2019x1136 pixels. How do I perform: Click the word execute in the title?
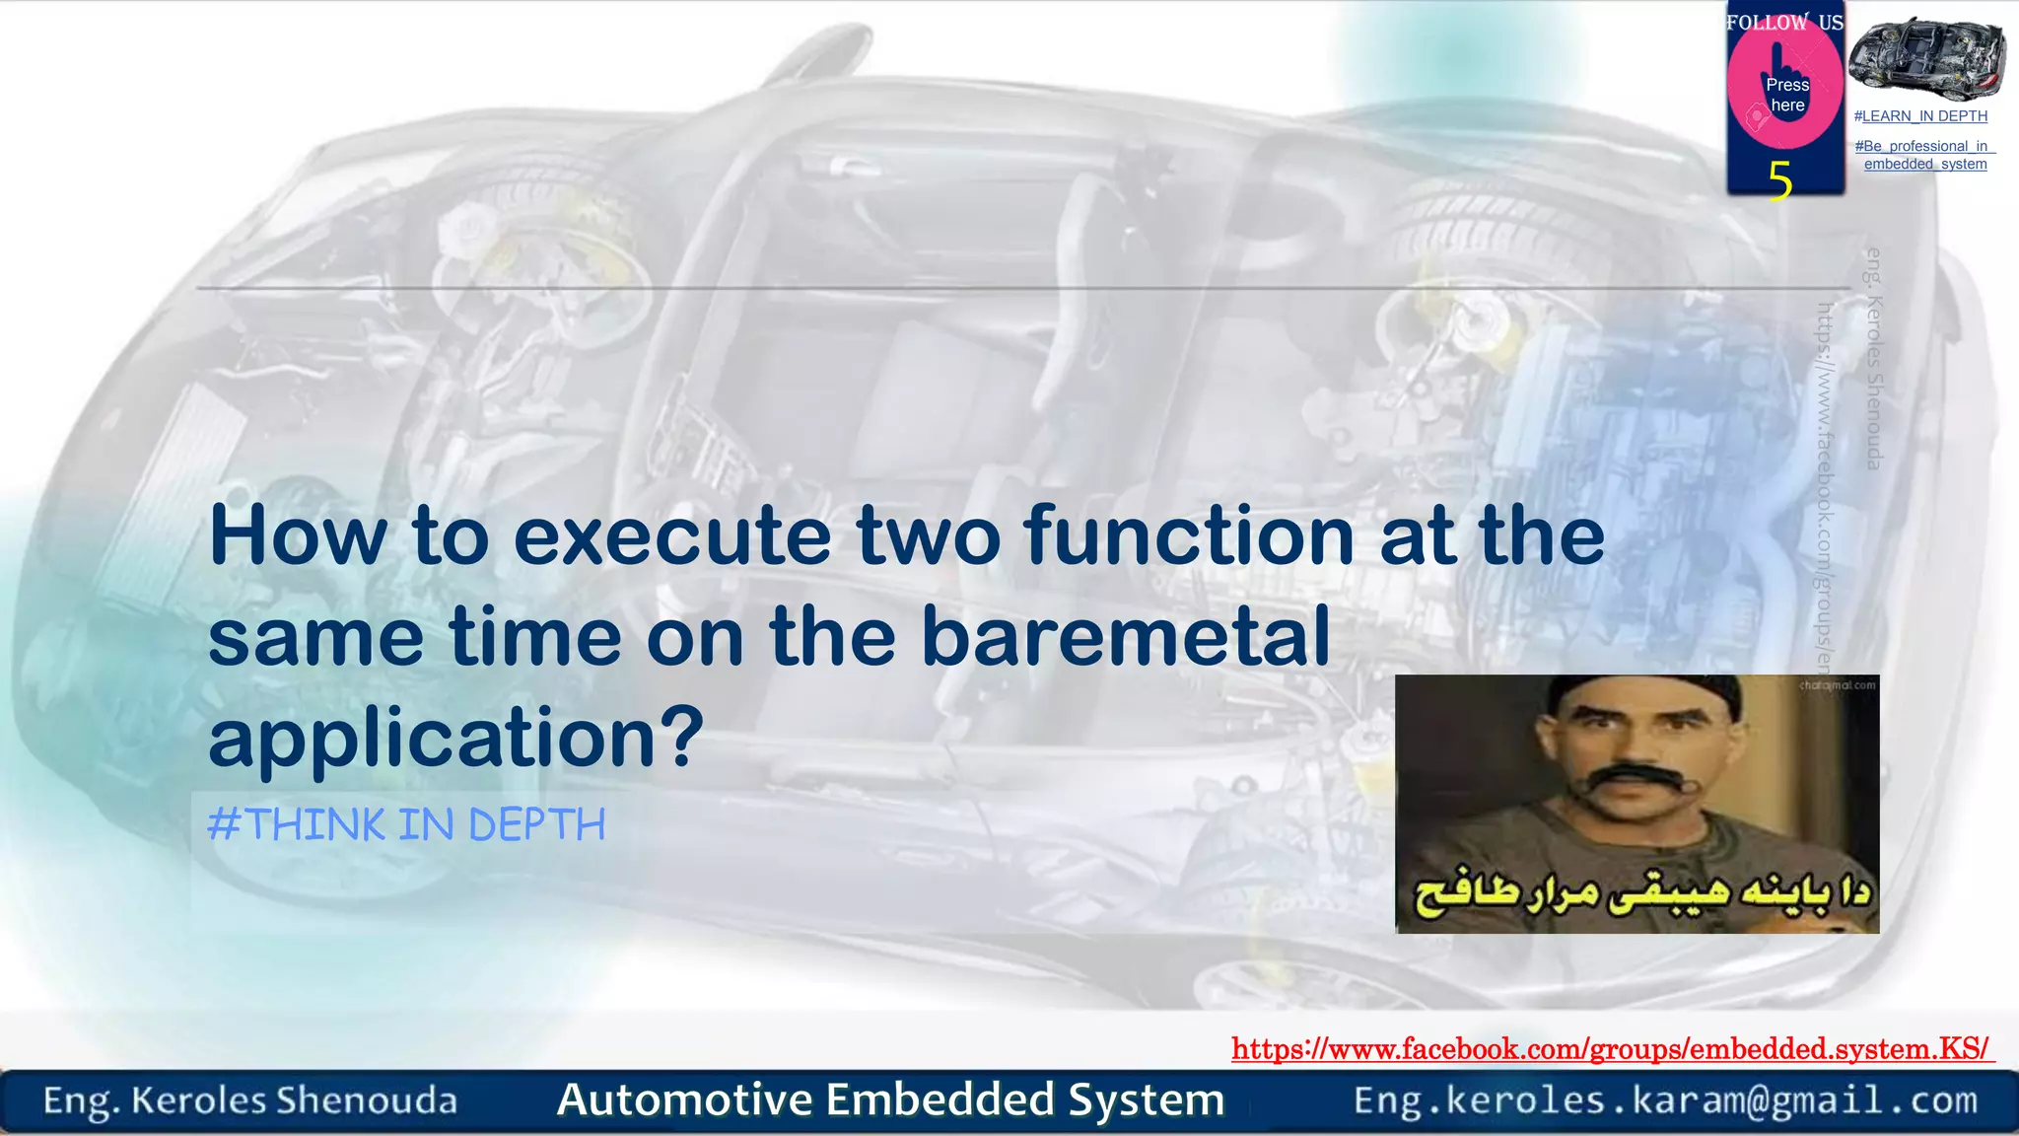[x=672, y=537]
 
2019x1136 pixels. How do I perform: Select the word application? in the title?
[x=456, y=740]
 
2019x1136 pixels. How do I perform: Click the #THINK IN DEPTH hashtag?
[x=406, y=824]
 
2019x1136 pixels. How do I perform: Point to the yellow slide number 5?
[x=1779, y=181]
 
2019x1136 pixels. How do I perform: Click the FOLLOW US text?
[x=1784, y=22]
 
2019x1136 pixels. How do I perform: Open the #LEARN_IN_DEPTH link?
[x=1920, y=116]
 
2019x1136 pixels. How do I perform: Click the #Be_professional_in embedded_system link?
[x=1924, y=155]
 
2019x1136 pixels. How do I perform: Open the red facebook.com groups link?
[x=1611, y=1048]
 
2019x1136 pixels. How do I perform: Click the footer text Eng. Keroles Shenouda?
[x=250, y=1100]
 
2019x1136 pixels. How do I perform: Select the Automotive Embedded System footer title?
[x=890, y=1100]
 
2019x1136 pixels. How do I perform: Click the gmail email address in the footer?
[x=1665, y=1100]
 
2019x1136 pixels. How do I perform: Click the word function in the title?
[x=1189, y=537]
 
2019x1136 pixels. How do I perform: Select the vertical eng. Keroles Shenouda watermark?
[x=1874, y=359]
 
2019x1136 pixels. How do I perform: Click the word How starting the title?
[x=298, y=537]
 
